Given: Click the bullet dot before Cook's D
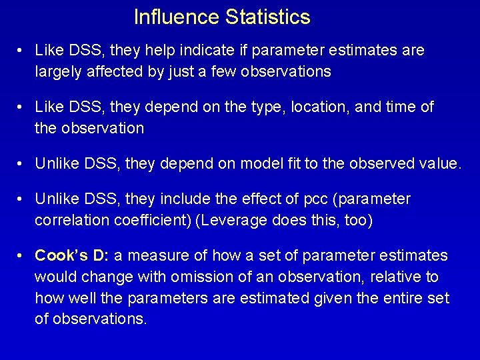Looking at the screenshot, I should point(22,255).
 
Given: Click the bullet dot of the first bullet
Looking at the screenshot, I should point(22,51).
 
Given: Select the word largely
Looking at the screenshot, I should point(55,71).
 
